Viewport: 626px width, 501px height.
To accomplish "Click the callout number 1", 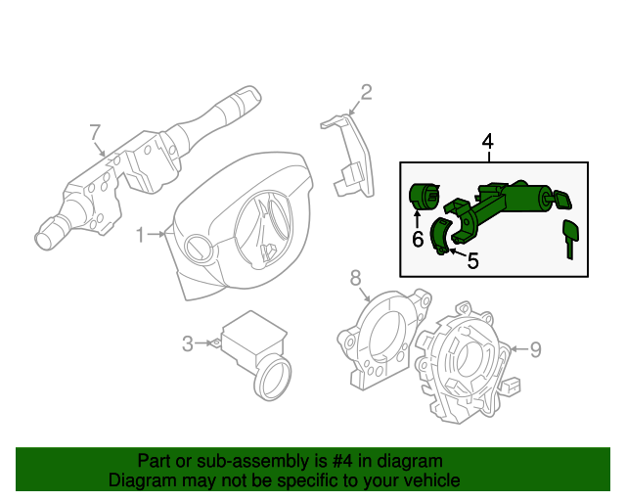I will click(140, 235).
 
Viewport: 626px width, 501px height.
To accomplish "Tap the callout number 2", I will click(366, 93).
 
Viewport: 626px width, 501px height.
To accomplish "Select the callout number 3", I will click(187, 343).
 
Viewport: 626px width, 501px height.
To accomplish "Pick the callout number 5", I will click(472, 260).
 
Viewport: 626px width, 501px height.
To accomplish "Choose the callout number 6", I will click(417, 238).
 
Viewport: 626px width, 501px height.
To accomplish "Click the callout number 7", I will click(95, 132).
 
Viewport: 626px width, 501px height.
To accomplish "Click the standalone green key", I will click(569, 238).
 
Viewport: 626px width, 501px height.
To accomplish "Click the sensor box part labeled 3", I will click(249, 342).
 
